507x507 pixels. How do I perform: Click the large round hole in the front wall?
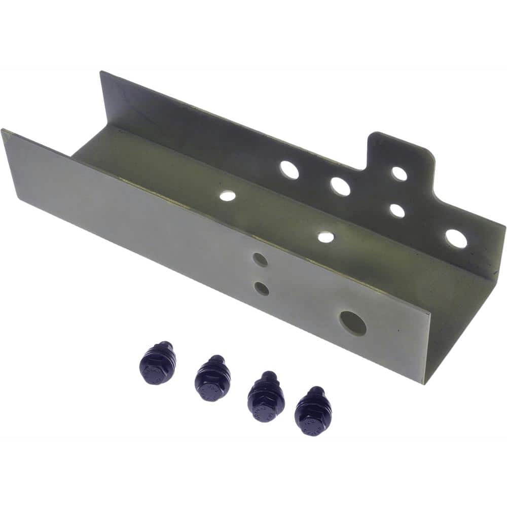(353, 323)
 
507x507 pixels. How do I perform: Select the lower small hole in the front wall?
(262, 288)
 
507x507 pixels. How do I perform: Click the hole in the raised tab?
(400, 173)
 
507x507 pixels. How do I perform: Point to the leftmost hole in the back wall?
(289, 170)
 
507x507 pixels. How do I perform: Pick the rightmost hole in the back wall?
(456, 239)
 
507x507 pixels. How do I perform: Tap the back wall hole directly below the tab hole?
(397, 210)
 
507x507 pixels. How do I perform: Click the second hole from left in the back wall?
(340, 186)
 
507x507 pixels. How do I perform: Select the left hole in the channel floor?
(228, 195)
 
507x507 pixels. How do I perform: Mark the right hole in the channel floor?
(326, 237)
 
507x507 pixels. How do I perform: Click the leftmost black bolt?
(158, 364)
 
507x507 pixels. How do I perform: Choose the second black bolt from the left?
(212, 378)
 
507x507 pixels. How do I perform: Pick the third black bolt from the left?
(266, 395)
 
